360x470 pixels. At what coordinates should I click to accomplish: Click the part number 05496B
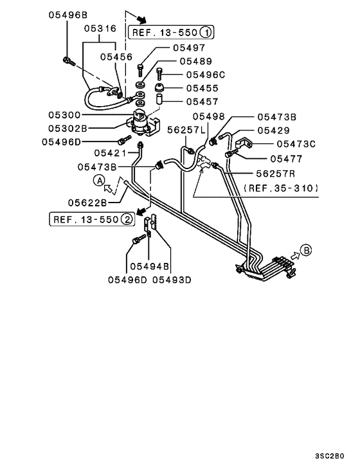[x=67, y=13]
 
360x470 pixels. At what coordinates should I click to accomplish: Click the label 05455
[x=203, y=87]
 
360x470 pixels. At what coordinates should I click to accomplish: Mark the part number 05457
[x=203, y=101]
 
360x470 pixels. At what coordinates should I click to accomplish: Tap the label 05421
[x=112, y=153]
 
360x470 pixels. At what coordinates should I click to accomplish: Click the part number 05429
[x=274, y=131]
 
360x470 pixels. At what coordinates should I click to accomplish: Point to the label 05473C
[x=296, y=144]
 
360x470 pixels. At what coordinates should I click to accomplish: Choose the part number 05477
[x=287, y=158]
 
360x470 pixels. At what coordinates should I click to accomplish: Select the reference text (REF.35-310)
[x=282, y=188]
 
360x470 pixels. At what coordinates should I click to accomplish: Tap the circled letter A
[x=100, y=180]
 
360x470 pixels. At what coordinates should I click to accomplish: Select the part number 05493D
[x=172, y=280]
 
